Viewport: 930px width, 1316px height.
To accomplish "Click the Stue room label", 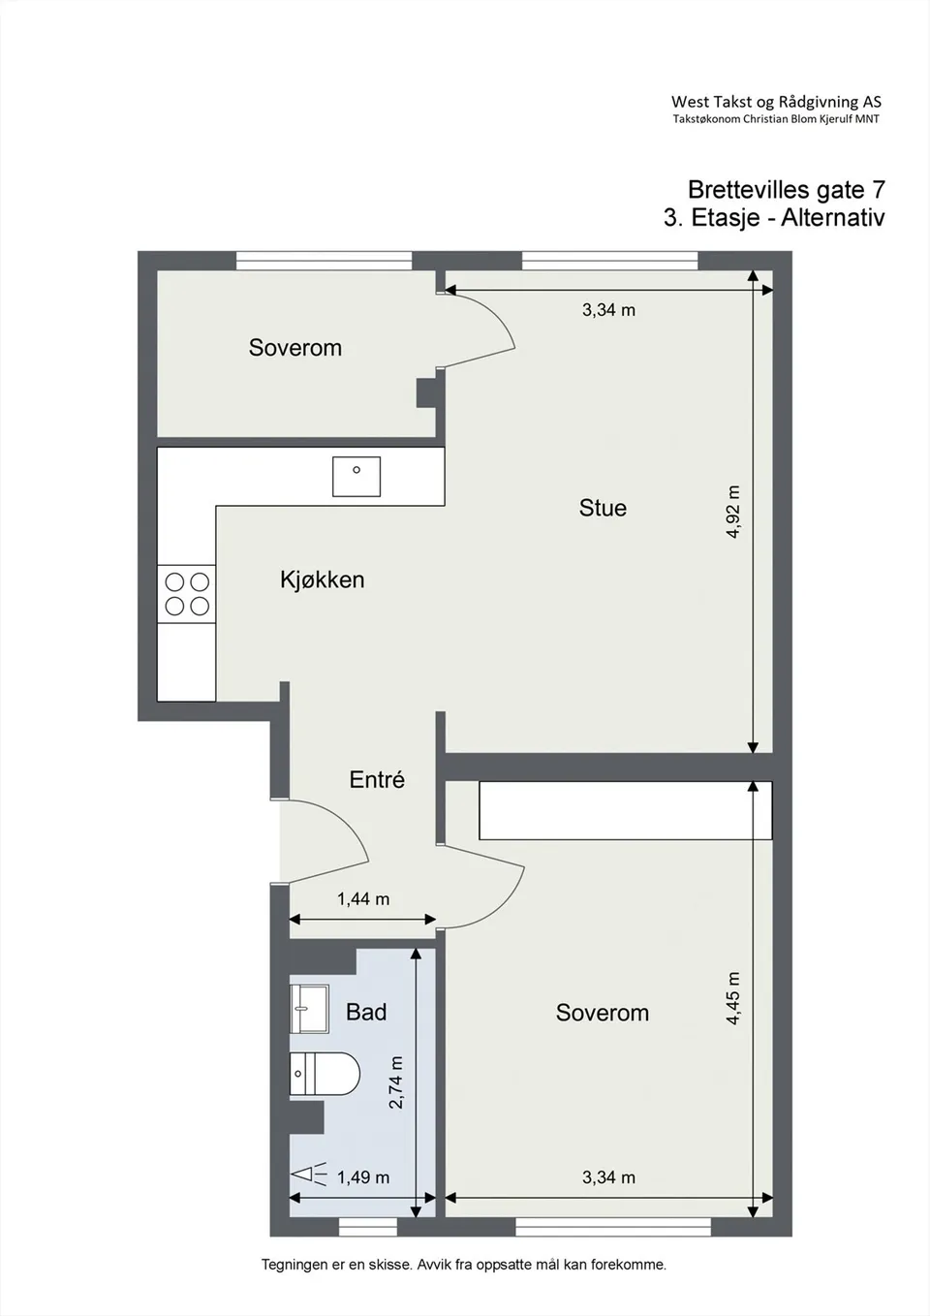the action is pyautogui.click(x=603, y=508).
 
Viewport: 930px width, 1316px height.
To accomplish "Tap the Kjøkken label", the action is pyautogui.click(x=323, y=580).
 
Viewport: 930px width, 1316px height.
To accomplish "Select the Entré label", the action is pyautogui.click(x=377, y=779).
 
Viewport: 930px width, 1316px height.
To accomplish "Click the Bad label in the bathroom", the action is pyautogui.click(x=366, y=1012).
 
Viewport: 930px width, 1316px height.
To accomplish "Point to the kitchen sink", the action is pyautogui.click(x=356, y=477).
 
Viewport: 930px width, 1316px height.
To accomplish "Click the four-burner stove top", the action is pyautogui.click(x=187, y=594).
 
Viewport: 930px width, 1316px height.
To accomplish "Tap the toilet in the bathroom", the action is pyautogui.click(x=325, y=1074).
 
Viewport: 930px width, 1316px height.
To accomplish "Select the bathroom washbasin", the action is pyautogui.click(x=309, y=1009).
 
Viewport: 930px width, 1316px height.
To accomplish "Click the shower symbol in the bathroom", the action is pyautogui.click(x=309, y=1175).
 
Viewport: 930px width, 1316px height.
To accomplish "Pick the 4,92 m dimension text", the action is pyautogui.click(x=732, y=512).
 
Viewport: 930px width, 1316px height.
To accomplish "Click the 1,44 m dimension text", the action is pyautogui.click(x=363, y=899).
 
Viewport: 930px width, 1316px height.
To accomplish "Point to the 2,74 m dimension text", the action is pyautogui.click(x=396, y=1082).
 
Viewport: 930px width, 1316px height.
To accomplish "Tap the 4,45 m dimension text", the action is pyautogui.click(x=732, y=998).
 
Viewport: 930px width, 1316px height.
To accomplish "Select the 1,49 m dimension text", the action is pyautogui.click(x=363, y=1177).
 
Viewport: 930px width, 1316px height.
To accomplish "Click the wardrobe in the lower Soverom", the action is pyautogui.click(x=625, y=810).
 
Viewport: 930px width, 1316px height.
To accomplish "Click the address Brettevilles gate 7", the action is pyautogui.click(x=787, y=190).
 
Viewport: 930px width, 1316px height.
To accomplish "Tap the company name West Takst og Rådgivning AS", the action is pyautogui.click(x=776, y=102).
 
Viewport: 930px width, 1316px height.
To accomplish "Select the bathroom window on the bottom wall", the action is pyautogui.click(x=368, y=1227).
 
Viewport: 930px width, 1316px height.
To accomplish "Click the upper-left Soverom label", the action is pyautogui.click(x=295, y=347).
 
